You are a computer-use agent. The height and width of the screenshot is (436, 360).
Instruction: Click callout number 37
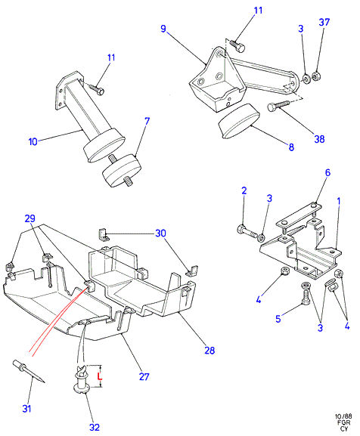click(324, 22)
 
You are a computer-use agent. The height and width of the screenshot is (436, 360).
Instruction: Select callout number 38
click(319, 139)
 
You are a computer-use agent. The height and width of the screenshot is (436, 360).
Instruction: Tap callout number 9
click(163, 29)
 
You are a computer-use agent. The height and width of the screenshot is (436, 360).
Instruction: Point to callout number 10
click(33, 142)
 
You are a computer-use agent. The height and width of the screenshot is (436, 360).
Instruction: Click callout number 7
click(147, 121)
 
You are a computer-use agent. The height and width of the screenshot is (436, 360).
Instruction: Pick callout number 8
click(291, 147)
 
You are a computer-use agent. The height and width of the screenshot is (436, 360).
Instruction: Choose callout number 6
click(327, 173)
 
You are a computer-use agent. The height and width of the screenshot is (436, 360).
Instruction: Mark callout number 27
click(144, 377)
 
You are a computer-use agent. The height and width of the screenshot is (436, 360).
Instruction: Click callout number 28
click(209, 350)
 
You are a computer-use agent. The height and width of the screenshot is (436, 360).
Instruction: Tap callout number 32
click(95, 427)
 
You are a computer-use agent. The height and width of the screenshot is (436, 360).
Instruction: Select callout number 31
click(26, 409)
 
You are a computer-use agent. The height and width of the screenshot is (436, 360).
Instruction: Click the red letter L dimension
click(100, 377)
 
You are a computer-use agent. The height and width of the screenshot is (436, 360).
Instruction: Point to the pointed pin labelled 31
click(29, 371)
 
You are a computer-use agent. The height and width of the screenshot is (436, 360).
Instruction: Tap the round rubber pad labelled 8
click(239, 121)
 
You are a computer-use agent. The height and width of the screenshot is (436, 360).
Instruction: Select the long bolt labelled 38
click(278, 105)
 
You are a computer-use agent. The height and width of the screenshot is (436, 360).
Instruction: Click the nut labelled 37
click(315, 76)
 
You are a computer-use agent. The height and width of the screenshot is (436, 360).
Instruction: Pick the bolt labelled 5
click(306, 295)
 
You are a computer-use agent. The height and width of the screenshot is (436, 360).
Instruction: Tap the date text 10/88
click(343, 416)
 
